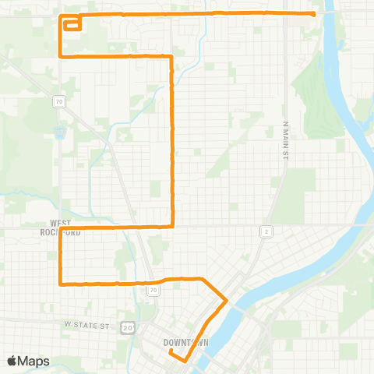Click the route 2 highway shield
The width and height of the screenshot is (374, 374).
[266, 231]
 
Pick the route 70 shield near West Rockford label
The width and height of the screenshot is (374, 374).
[58, 101]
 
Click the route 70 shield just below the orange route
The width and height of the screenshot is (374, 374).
[153, 290]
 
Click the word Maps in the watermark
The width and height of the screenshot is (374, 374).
[35, 361]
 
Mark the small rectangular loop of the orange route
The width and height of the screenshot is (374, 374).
[72, 24]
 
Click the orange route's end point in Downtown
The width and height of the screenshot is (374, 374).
[170, 352]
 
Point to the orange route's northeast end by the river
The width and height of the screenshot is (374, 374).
[313, 14]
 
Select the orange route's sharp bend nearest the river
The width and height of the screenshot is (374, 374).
[226, 300]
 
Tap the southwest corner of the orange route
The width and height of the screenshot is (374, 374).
[61, 283]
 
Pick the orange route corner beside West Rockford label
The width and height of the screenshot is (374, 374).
[61, 228]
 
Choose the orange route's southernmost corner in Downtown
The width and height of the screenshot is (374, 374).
[184, 361]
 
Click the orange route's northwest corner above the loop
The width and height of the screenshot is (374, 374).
[61, 16]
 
